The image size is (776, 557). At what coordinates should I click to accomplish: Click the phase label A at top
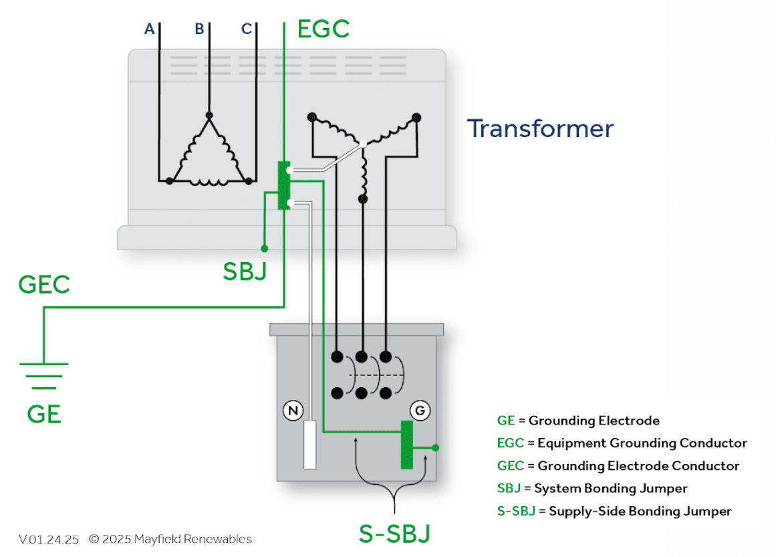[150, 29]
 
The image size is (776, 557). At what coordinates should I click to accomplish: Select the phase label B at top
[199, 29]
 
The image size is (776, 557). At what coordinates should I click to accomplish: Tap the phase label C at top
[247, 29]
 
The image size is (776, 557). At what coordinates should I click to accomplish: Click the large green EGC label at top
[324, 29]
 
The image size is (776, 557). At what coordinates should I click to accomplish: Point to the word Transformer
[540, 128]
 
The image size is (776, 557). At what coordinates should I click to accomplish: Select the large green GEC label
[44, 286]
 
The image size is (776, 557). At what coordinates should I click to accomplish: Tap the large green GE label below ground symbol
[44, 415]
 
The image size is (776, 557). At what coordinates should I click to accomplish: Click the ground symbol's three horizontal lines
[43, 376]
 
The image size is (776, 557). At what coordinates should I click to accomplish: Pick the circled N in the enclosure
[292, 410]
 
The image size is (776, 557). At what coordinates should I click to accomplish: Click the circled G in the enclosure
[420, 410]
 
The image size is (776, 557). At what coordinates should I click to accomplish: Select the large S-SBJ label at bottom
[395, 534]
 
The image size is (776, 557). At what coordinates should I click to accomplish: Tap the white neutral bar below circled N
[309, 445]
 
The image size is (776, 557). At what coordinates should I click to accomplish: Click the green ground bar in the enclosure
[406, 445]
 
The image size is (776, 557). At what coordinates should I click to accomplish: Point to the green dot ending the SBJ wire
[264, 249]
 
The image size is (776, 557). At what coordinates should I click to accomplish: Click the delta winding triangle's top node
[209, 115]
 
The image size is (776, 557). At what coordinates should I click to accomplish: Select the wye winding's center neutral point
[362, 144]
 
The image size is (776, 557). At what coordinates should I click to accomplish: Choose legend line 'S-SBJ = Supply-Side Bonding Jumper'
[614, 511]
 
